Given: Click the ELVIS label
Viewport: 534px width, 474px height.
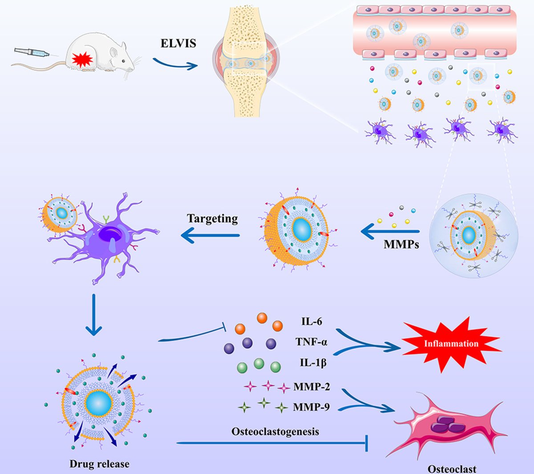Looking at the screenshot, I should tap(178, 44).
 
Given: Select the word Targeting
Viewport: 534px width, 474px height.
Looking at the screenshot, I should tap(212, 219).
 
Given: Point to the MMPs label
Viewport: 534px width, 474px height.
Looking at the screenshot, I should tap(401, 244).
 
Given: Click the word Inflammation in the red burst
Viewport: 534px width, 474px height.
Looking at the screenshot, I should tap(451, 344).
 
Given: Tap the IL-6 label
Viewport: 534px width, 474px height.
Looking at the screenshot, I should tap(311, 321).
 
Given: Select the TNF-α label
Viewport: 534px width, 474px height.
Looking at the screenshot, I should tap(311, 342).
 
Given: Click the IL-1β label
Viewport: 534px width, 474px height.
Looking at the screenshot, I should tap(313, 363).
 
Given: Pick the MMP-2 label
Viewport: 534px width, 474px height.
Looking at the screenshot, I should tap(311, 386).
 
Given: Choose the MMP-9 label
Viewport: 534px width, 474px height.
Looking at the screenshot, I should tap(311, 406).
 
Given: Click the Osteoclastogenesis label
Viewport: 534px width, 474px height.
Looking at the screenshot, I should tap(275, 431).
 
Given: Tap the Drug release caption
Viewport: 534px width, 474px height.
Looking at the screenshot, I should tap(99, 464).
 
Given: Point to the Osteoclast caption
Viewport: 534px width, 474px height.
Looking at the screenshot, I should tap(452, 469).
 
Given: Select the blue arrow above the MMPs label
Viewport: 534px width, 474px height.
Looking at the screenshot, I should tap(390, 231).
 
